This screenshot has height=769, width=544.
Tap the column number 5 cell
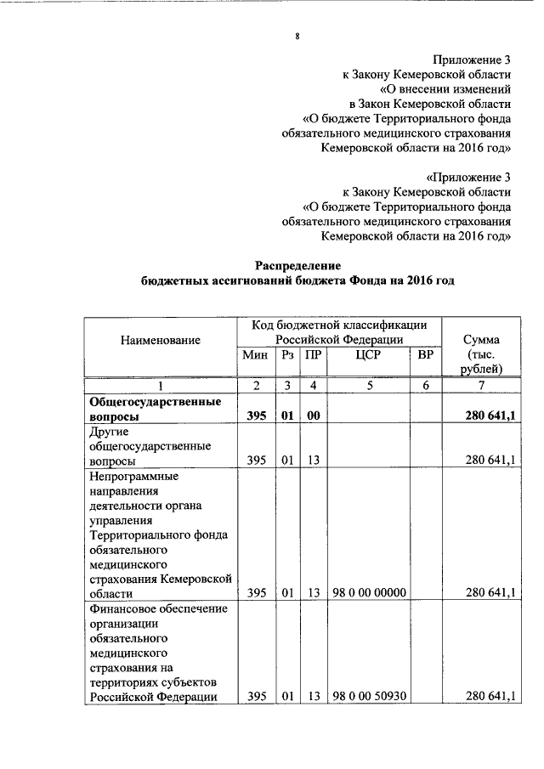tap(369, 386)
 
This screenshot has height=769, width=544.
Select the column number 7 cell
tap(482, 386)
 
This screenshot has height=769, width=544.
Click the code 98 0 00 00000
tap(369, 592)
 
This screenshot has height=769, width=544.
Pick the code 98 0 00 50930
tap(369, 697)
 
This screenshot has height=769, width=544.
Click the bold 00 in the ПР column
tap(314, 417)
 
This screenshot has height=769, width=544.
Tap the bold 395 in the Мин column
tap(256, 417)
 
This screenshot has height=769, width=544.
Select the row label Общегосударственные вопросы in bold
tap(150, 409)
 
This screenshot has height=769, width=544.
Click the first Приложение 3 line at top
tap(471, 59)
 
